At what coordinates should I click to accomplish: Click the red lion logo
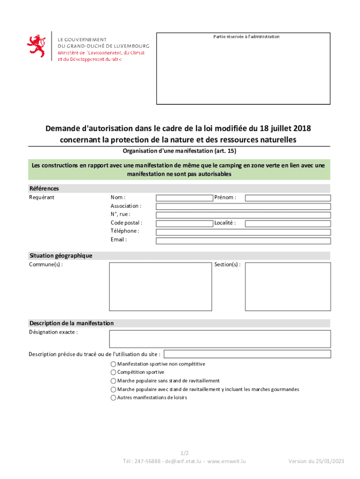(36, 46)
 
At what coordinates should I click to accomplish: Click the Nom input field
(184, 198)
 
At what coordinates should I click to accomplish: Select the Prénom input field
(288, 198)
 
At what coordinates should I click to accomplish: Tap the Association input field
(243, 206)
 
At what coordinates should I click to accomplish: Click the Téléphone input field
(243, 232)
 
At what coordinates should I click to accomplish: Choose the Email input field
(243, 241)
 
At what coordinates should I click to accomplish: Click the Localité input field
(288, 224)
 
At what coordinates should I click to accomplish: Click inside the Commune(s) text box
(160, 286)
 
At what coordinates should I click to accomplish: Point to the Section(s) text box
(288, 286)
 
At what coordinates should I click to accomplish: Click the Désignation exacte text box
(220, 339)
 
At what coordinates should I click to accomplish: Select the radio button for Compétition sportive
(113, 372)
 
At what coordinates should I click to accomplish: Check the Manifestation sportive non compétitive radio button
(113, 364)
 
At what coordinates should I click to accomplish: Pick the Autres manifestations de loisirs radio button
(113, 398)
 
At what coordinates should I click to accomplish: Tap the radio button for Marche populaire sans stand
(113, 381)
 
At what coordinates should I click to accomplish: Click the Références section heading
(44, 189)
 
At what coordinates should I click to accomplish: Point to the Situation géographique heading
(61, 256)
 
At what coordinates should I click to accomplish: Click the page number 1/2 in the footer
(185, 453)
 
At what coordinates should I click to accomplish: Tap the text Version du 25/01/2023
(316, 461)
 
